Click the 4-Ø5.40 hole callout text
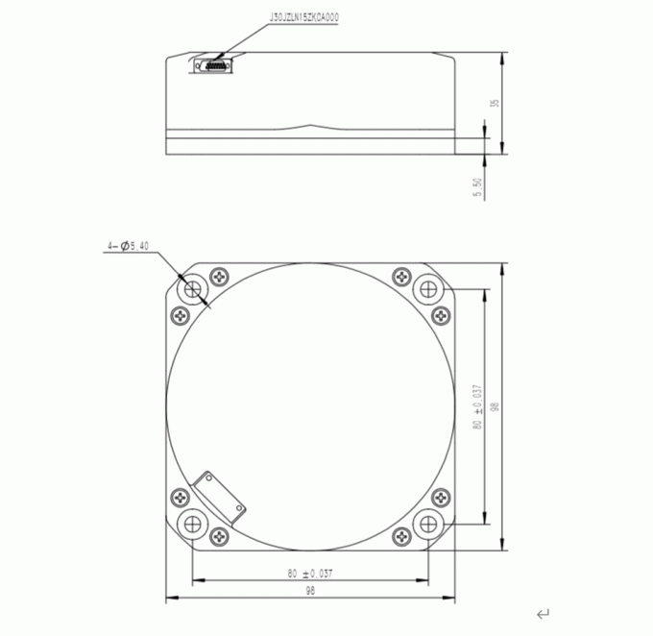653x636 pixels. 127,247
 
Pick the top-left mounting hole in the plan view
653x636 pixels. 194,288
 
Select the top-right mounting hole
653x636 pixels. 425,288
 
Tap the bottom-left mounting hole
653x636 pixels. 194,524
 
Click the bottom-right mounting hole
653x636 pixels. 425,524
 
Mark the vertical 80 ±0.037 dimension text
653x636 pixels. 477,407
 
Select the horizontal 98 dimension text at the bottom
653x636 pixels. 310,592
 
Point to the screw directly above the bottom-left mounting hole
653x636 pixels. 178,497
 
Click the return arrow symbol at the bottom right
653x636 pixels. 544,612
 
